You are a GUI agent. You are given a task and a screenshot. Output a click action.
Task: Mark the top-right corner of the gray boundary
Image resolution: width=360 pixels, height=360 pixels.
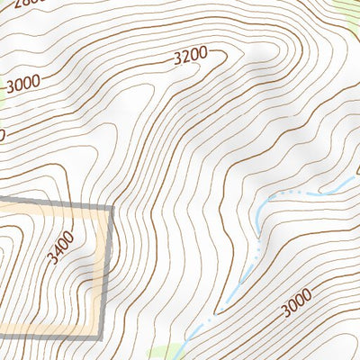112,208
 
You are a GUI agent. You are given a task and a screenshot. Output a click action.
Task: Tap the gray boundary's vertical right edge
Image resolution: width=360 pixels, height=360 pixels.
107,270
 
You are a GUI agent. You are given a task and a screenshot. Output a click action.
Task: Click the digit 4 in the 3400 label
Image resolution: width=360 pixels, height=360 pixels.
60,251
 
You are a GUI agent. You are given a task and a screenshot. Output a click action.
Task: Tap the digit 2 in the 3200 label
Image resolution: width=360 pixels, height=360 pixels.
186,58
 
